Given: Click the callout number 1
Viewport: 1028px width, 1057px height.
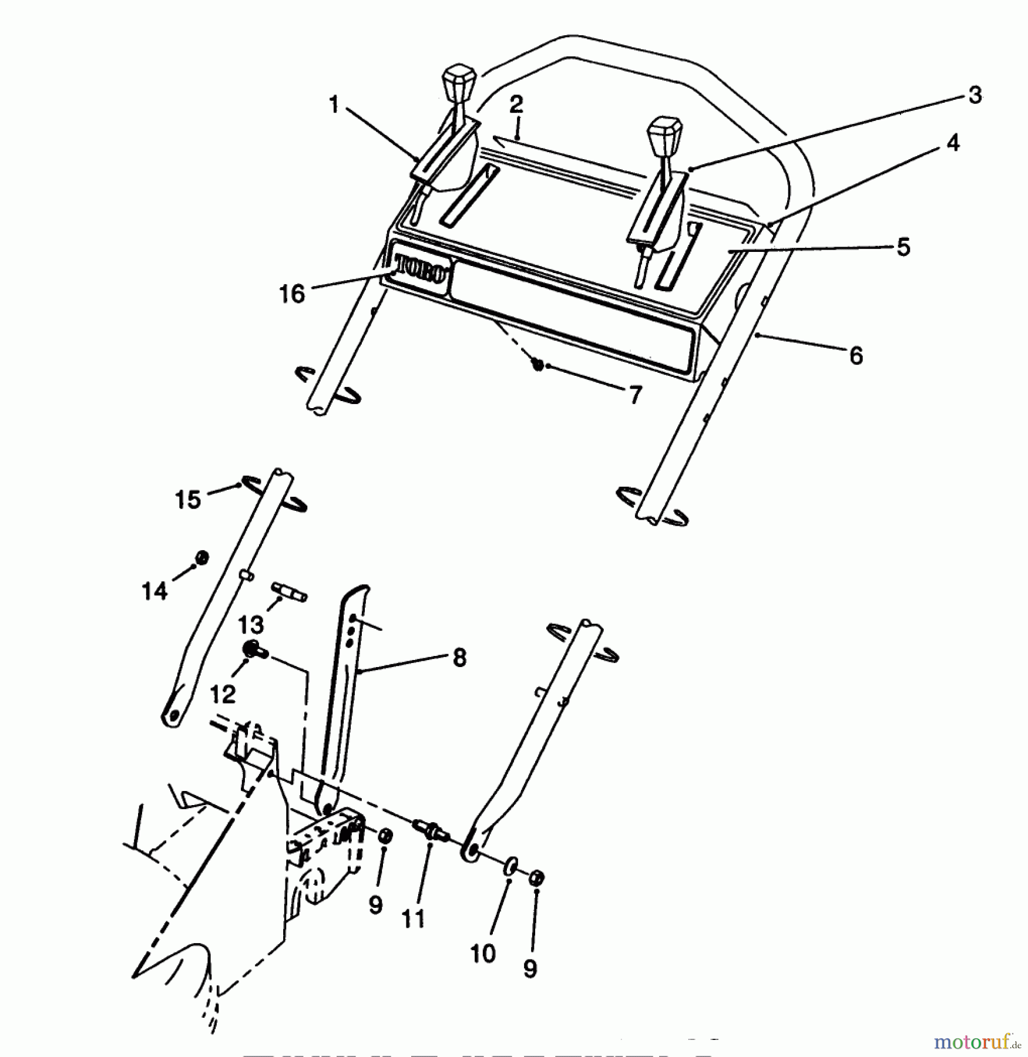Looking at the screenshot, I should click(x=334, y=106).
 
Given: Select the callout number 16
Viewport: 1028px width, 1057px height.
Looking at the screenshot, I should click(x=292, y=294).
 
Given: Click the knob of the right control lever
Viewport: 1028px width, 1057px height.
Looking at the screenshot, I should click(x=664, y=134).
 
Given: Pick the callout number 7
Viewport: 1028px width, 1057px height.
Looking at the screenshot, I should click(x=636, y=395).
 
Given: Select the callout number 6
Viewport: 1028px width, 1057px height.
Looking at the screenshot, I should click(x=856, y=355).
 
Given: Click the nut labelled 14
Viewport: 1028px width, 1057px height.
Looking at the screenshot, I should click(x=201, y=557).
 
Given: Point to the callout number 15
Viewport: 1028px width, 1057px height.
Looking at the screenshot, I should click(x=188, y=500).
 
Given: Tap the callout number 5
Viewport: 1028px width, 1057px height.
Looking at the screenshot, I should click(x=903, y=247).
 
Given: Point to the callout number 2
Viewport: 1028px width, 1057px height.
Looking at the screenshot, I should click(x=516, y=105).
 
